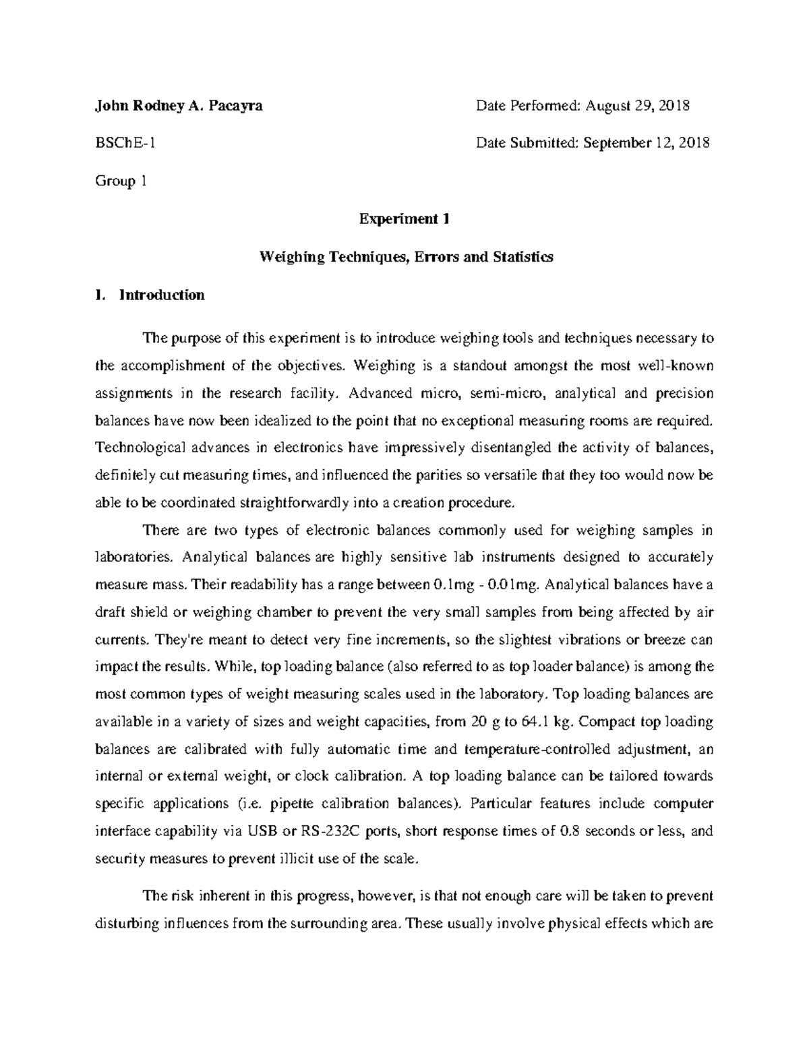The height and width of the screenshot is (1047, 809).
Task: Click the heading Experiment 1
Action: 404,219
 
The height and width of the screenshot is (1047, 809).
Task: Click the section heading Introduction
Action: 162,295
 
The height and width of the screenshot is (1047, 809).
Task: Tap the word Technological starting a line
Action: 138,448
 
